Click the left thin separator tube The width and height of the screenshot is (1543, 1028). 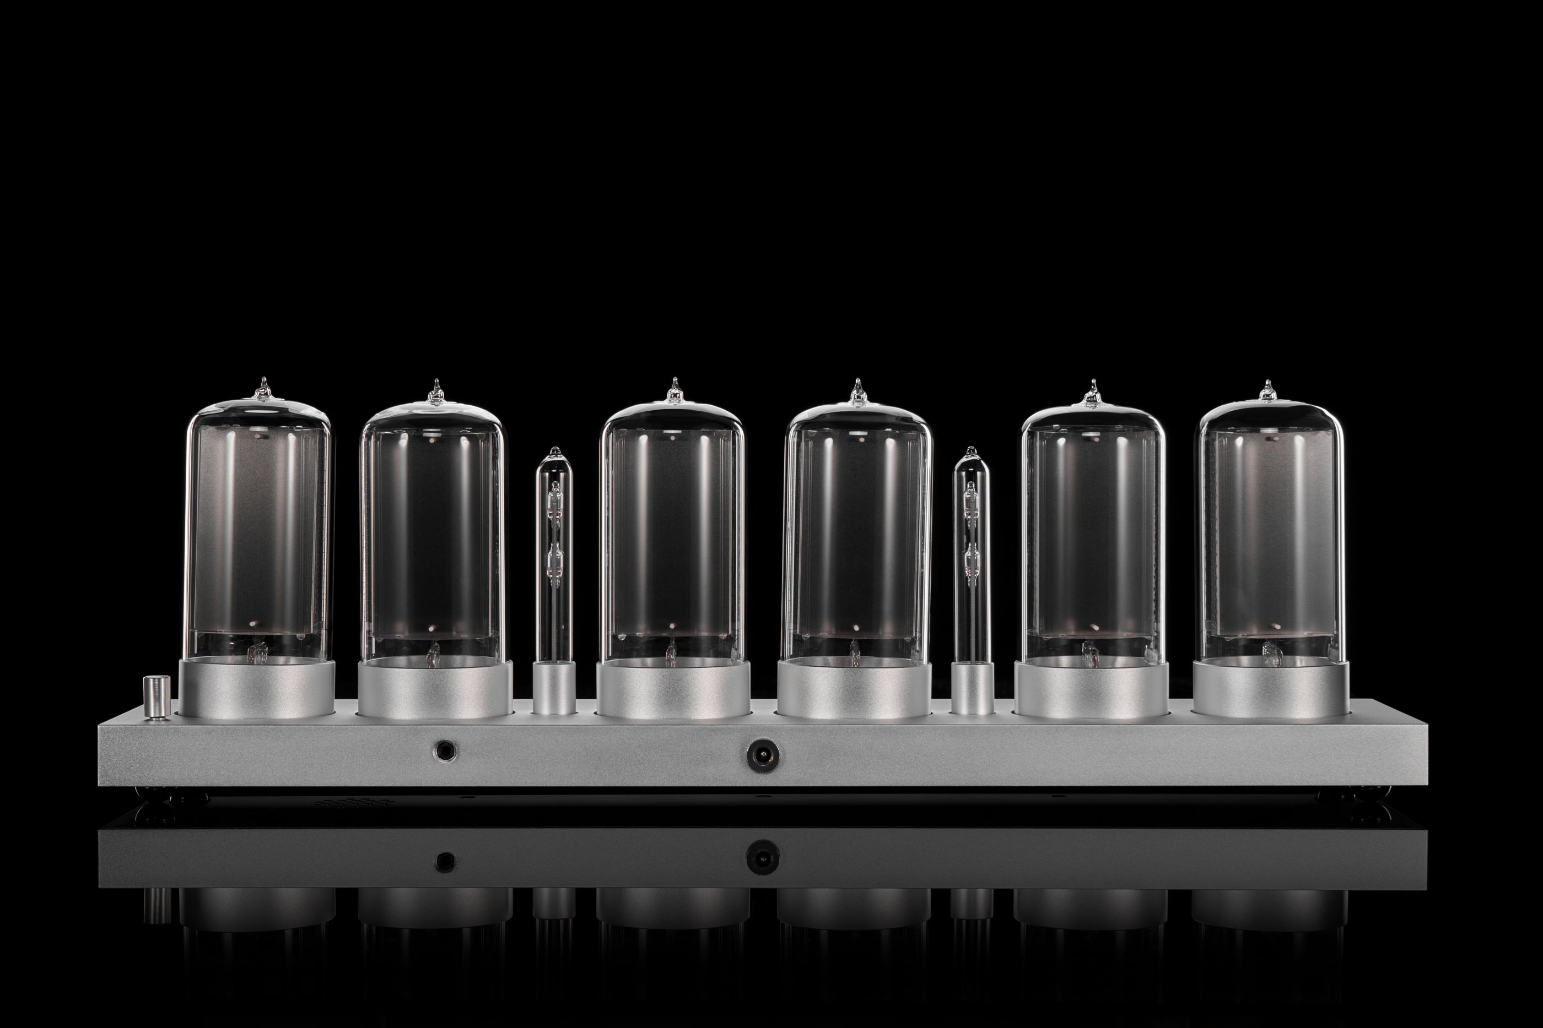pos(555,557)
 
